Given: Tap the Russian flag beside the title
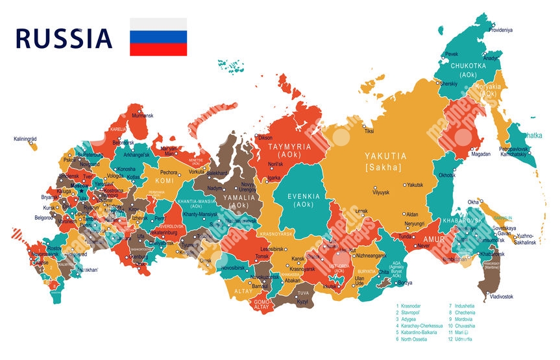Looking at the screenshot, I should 158,37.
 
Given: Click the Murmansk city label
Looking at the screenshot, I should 142,115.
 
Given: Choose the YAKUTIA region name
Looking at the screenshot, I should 385,156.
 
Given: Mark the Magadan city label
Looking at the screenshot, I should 481,154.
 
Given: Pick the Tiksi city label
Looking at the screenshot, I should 369,132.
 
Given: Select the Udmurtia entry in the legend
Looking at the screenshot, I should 463,339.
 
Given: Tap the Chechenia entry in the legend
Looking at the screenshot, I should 465,312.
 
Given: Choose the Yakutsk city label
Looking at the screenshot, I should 415,185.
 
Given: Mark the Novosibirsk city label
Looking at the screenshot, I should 234,267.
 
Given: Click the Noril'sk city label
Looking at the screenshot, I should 275,164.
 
